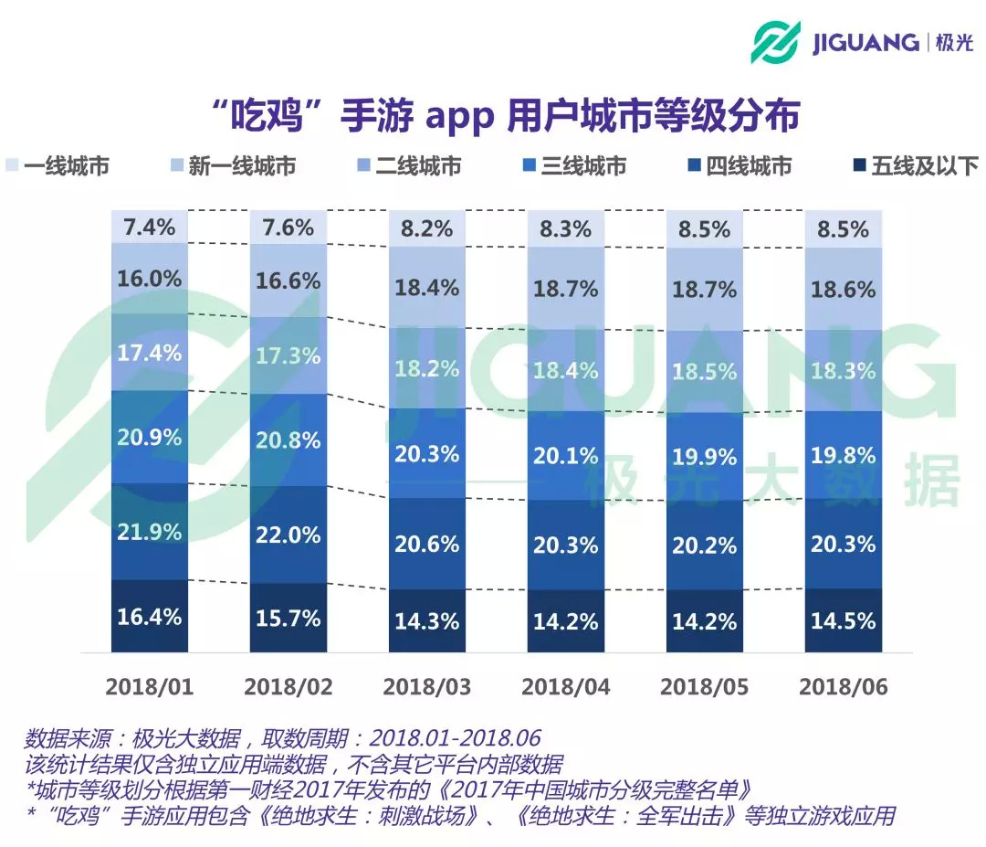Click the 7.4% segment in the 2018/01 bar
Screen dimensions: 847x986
pos(150,227)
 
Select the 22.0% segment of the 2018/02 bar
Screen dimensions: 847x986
pos(288,535)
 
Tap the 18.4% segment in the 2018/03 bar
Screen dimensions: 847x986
pos(427,288)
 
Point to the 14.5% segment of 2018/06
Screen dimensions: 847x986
pos(844,620)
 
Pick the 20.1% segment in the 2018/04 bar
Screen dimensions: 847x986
pos(566,456)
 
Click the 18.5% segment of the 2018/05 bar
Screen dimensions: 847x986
pos(705,372)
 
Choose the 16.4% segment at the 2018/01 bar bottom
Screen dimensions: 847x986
pos(150,617)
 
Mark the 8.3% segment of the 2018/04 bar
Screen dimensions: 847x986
pos(566,228)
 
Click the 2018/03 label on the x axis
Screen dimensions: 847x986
pos(427,687)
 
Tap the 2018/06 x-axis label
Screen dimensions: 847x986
pos(844,687)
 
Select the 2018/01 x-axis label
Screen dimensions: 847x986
pos(150,687)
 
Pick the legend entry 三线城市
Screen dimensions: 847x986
pos(583,166)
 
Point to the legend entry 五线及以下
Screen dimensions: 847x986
pos(924,166)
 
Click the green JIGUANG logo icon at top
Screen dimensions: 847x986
pos(776,42)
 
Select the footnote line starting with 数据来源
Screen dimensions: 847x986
pos(283,737)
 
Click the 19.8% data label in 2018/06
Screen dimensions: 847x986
pos(844,454)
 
